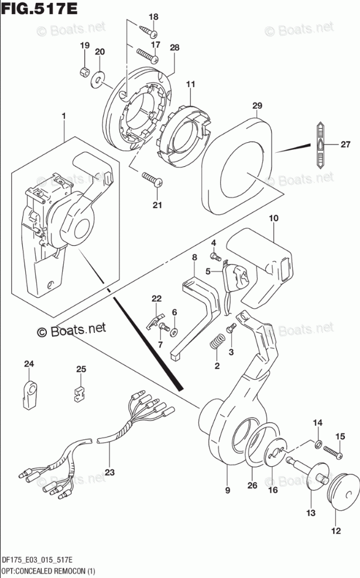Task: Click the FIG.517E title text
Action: pyautogui.click(x=40, y=8)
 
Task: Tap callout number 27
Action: pyautogui.click(x=345, y=144)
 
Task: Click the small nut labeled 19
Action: pyautogui.click(x=84, y=71)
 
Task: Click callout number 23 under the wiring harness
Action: pyautogui.click(x=109, y=472)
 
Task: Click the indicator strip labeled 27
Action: pyautogui.click(x=320, y=144)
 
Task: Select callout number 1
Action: pyautogui.click(x=63, y=116)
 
